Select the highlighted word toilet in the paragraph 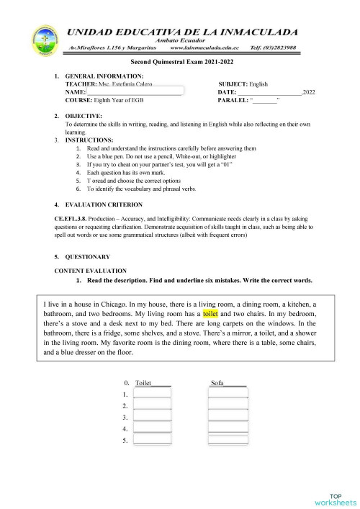point(210,315)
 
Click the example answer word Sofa point(218,383)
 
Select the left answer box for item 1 point(152,395)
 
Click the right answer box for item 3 point(228,418)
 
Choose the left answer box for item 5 point(152,440)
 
